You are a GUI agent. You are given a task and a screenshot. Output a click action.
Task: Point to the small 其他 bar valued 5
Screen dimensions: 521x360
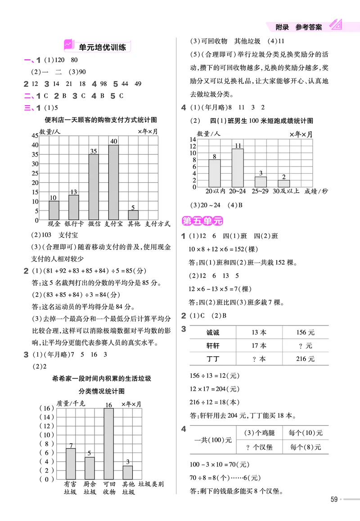pyautogui.click(x=133, y=215)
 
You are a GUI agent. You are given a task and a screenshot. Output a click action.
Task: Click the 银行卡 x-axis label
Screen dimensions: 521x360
pyautogui.click(x=74, y=224)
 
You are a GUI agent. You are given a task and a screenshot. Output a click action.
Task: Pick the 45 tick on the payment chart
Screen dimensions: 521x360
pyautogui.click(x=35, y=135)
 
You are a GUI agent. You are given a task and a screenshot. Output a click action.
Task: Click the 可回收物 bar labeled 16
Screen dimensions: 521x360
pyautogui.click(x=108, y=444)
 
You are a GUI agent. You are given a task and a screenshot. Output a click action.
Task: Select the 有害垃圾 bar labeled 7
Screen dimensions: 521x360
pyautogui.click(x=71, y=463)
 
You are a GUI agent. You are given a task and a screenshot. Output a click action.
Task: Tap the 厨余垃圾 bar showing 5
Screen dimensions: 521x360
pyautogui.click(x=90, y=468)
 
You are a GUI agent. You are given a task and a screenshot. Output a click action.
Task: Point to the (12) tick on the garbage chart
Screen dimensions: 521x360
pyautogui.click(x=47, y=426)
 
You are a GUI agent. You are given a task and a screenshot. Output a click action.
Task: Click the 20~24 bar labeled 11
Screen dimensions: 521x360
pyautogui.click(x=238, y=167)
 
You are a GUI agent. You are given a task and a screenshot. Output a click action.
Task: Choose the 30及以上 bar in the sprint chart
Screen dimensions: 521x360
pyautogui.click(x=283, y=183)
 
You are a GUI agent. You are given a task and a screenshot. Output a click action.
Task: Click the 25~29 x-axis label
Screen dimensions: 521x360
pyautogui.click(x=261, y=191)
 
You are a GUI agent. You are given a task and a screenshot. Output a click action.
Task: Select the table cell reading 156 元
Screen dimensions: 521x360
pyautogui.click(x=305, y=333)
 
